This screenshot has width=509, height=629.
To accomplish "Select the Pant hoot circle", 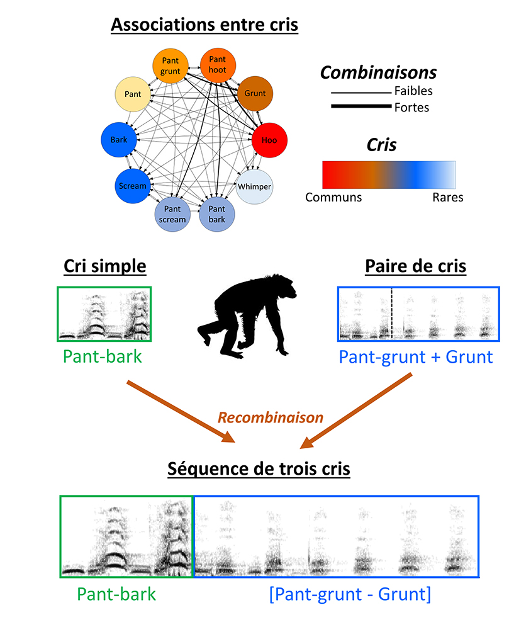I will click(x=218, y=64).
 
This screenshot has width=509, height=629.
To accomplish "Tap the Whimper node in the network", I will click(x=254, y=186).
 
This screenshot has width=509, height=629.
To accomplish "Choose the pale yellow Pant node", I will click(x=131, y=94).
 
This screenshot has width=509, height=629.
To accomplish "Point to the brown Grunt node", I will click(x=255, y=94).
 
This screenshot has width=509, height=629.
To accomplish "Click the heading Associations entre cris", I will click(x=204, y=26).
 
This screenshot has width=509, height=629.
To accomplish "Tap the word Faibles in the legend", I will click(x=413, y=91).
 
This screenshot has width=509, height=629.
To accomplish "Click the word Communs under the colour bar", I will click(x=333, y=198).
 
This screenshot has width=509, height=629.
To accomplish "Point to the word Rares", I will click(x=447, y=198).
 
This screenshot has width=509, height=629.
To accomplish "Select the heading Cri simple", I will click(x=104, y=266).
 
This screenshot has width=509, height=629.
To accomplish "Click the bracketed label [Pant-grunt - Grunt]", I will click(x=349, y=594).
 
